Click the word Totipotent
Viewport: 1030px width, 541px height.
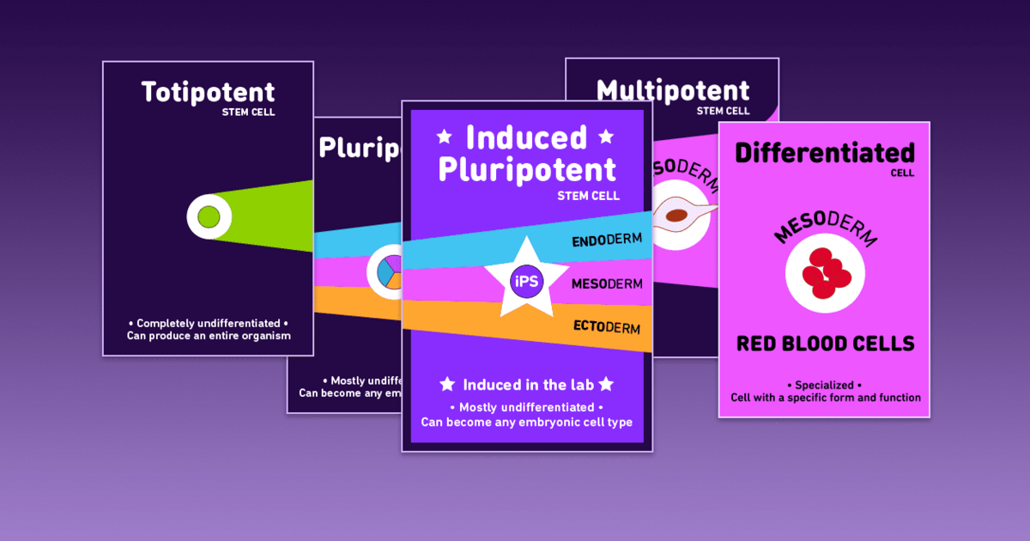pyautogui.click(x=208, y=92)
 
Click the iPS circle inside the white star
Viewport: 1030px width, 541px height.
pyautogui.click(x=525, y=280)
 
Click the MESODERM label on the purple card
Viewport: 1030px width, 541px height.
pyautogui.click(x=606, y=283)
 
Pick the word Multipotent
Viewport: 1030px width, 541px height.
pyautogui.click(x=673, y=90)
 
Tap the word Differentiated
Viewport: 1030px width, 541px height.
pyautogui.click(x=825, y=153)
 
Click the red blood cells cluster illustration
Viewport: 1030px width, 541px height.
pyautogui.click(x=825, y=273)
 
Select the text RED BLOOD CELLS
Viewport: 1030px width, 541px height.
pyautogui.click(x=825, y=344)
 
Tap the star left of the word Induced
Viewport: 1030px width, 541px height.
pyautogui.click(x=444, y=137)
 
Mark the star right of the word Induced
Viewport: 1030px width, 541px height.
pyautogui.click(x=605, y=137)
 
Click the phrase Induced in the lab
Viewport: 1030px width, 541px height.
pyautogui.click(x=526, y=385)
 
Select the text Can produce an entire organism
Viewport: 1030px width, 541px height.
pyautogui.click(x=209, y=336)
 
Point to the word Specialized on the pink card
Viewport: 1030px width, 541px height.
pyautogui.click(x=825, y=386)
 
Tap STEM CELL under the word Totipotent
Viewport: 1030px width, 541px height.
pyautogui.click(x=248, y=112)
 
